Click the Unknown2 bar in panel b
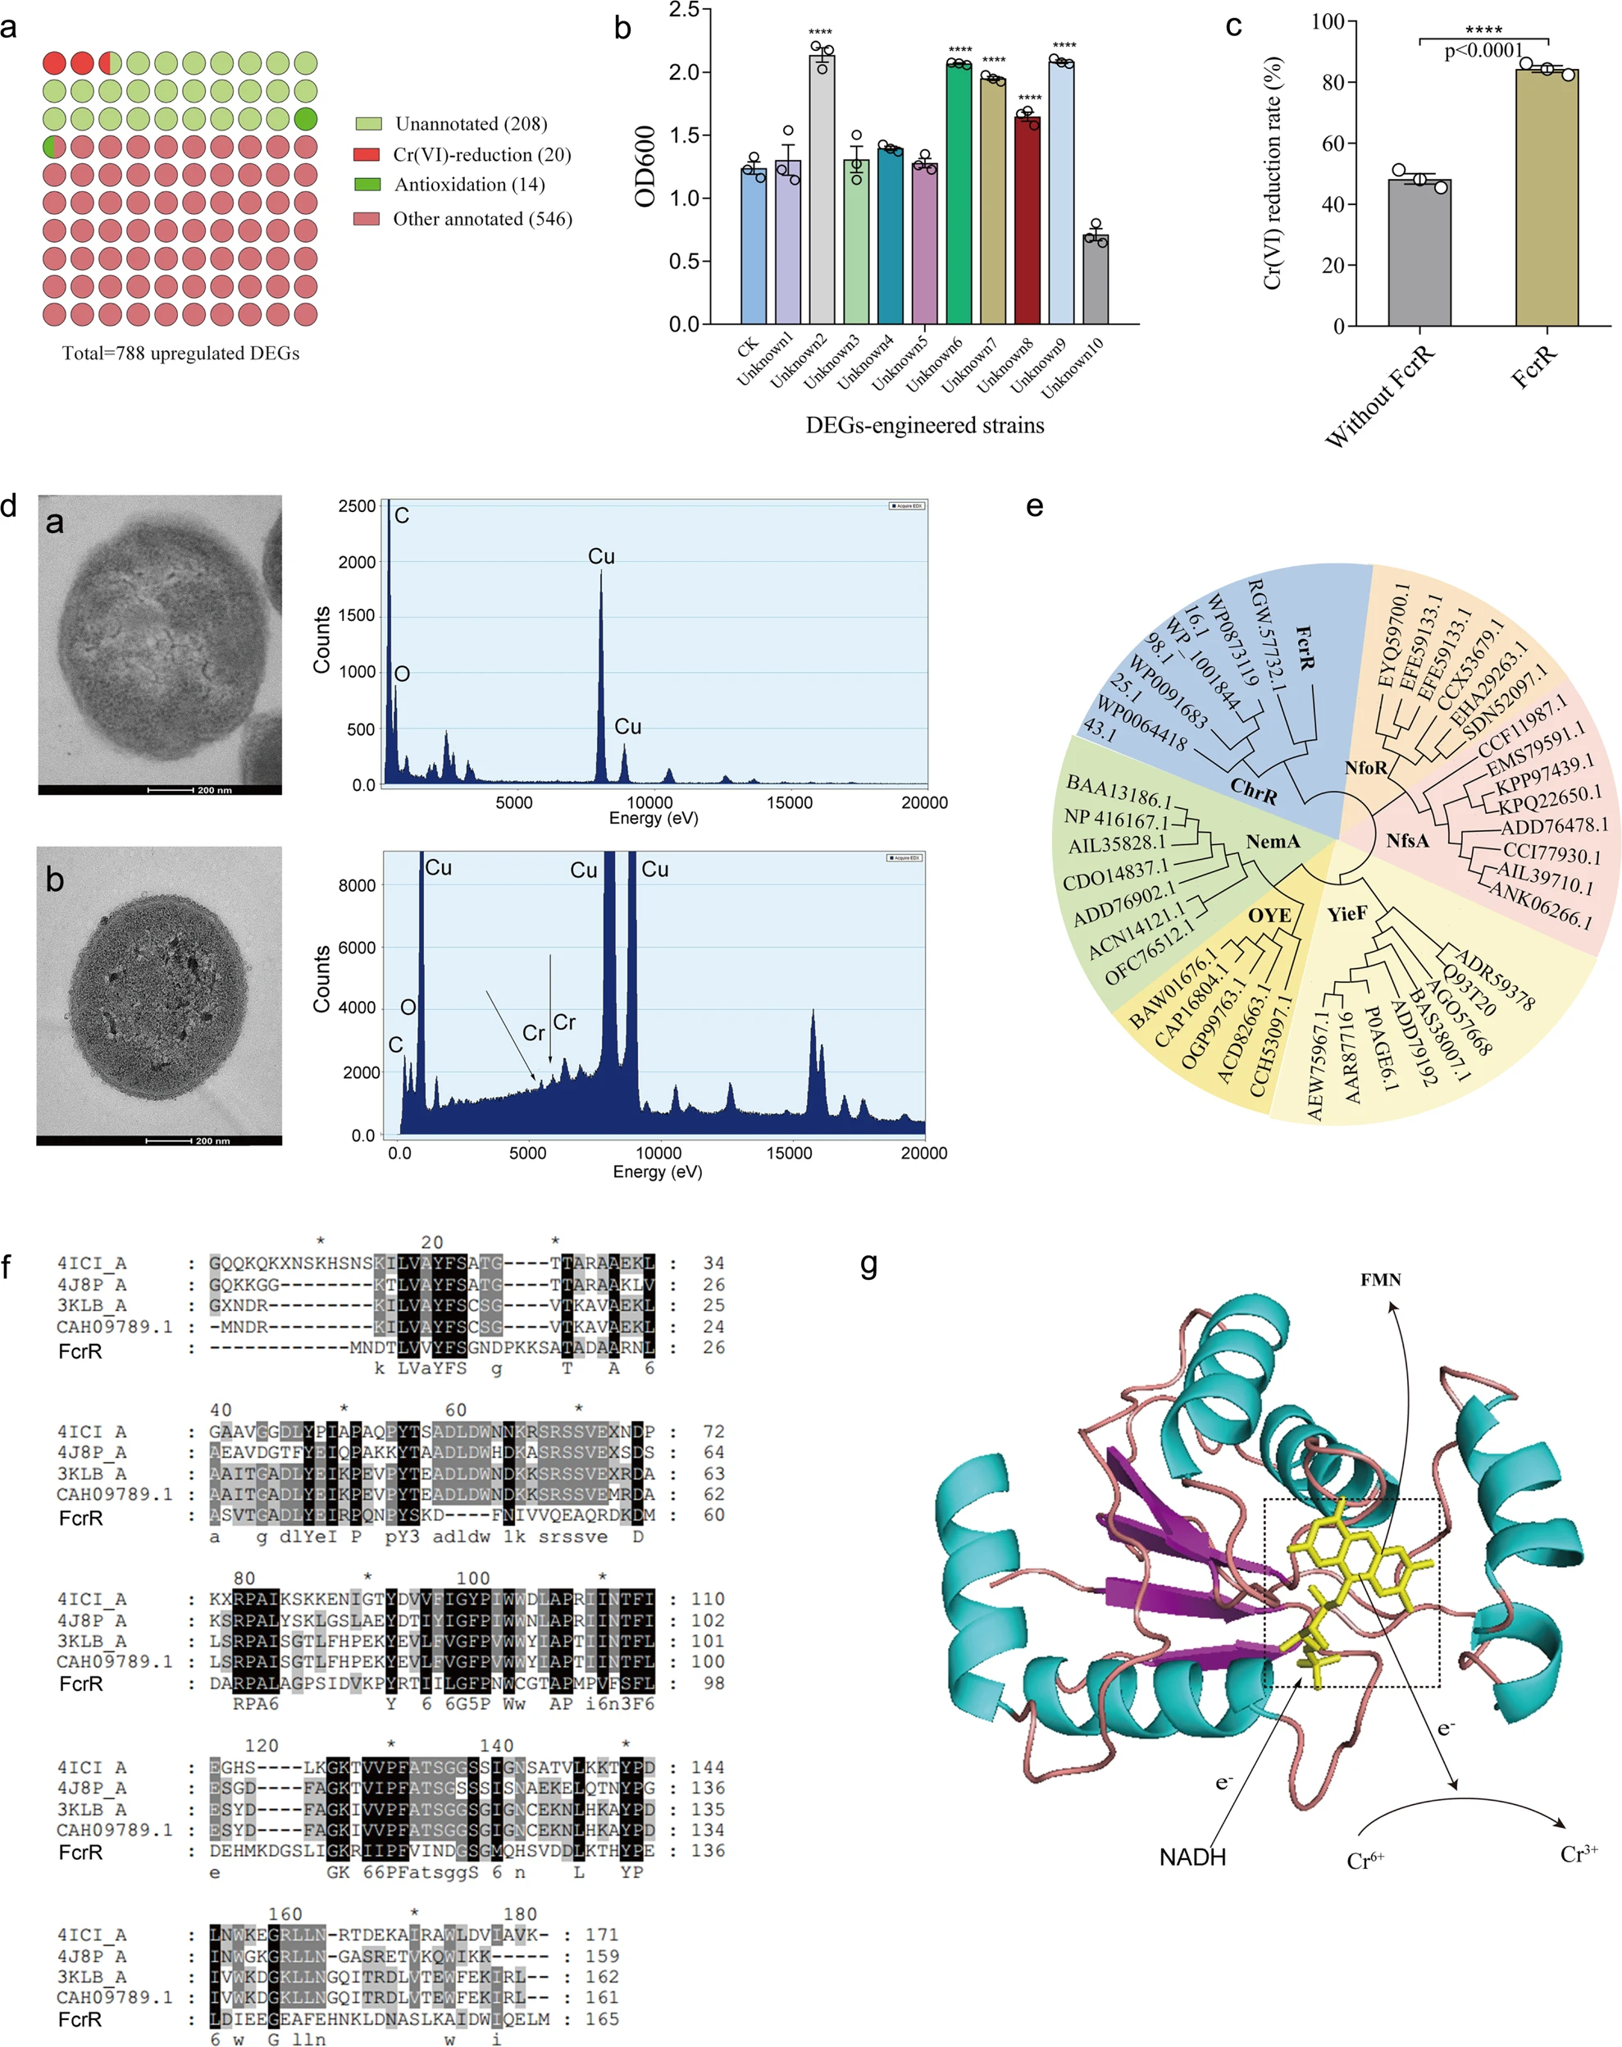pyautogui.click(x=822, y=190)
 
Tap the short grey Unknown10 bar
pyautogui.click(x=1096, y=279)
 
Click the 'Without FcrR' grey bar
pyautogui.click(x=1419, y=253)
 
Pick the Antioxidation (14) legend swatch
pyautogui.click(x=367, y=185)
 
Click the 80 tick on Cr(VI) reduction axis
pyautogui.click(x=1333, y=83)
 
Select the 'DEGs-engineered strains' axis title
pyautogui.click(x=924, y=425)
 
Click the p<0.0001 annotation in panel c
pyautogui.click(x=1483, y=51)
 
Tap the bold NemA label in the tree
pyautogui.click(x=1273, y=841)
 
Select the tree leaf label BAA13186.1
pyautogui.click(x=1118, y=788)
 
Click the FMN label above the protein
pyautogui.click(x=1380, y=1280)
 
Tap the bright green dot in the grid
pyautogui.click(x=305, y=120)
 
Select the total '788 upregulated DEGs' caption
pyautogui.click(x=180, y=353)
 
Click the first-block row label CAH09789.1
pyautogui.click(x=115, y=1327)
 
